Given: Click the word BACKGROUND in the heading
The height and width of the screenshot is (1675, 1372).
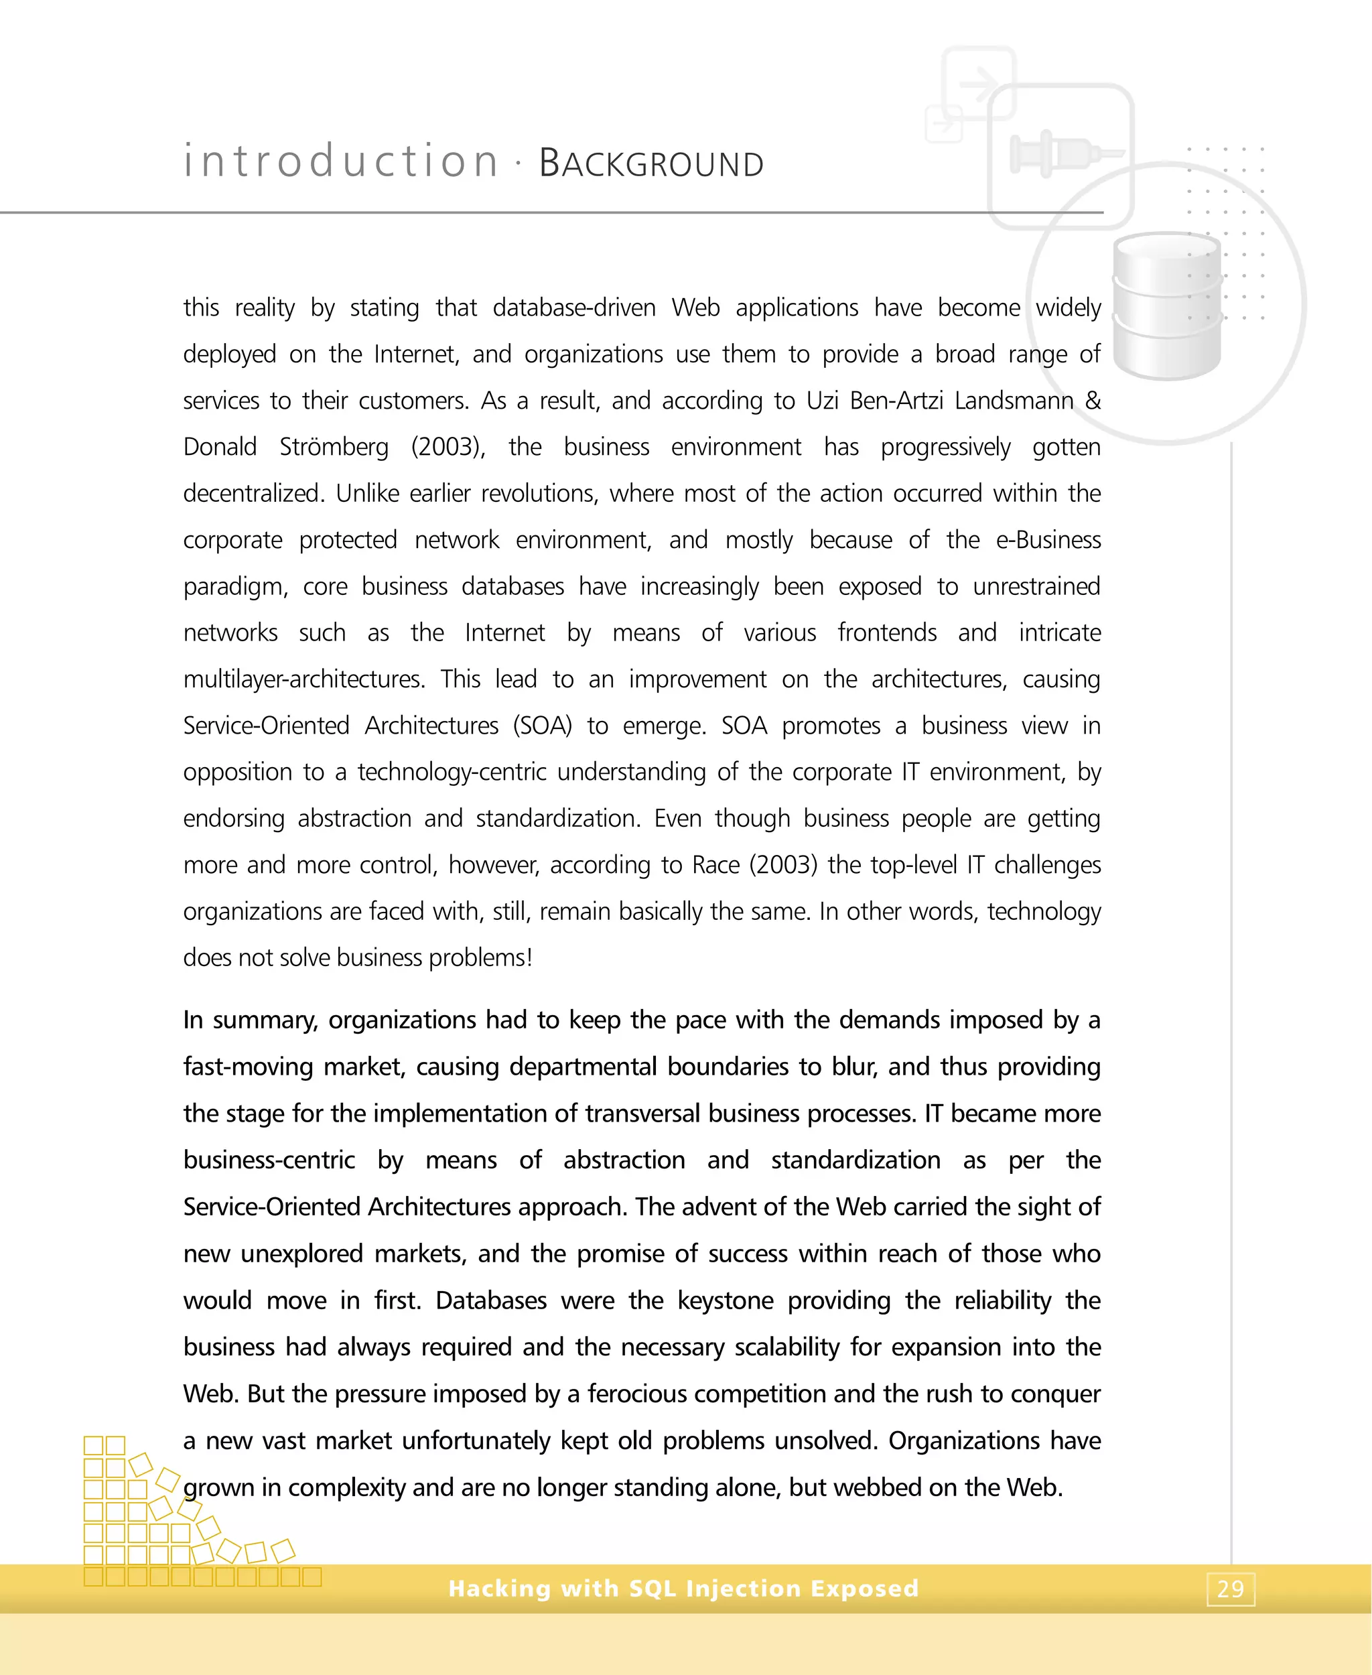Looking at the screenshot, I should [651, 163].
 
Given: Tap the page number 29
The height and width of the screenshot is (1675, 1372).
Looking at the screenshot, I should [1231, 1589].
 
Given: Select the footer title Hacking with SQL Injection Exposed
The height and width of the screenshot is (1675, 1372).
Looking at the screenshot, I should [683, 1588].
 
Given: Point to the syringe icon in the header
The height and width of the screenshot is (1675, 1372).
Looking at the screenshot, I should [1063, 153].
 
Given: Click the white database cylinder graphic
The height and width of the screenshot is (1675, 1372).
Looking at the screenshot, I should [1166, 306].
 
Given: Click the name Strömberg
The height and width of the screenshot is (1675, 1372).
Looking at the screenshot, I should [334, 448].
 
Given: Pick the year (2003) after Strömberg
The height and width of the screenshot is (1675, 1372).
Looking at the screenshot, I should [448, 448].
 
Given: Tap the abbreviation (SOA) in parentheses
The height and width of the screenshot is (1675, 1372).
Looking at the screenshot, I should [542, 726].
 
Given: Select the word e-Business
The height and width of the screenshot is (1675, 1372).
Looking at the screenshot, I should [1048, 540].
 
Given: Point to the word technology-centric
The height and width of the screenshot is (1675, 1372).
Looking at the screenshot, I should [452, 773].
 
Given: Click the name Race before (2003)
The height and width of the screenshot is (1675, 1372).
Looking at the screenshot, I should [715, 865].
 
